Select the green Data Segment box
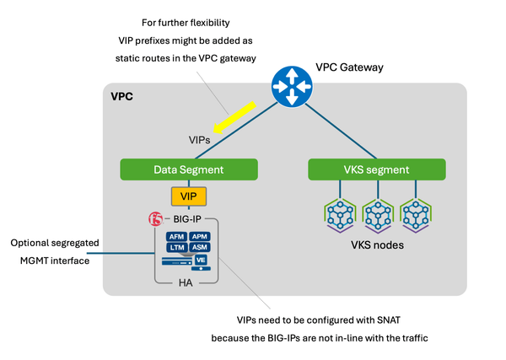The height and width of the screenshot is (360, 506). tap(187, 169)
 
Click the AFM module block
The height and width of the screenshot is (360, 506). tap(176, 237)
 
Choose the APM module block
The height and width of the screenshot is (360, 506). tap(200, 237)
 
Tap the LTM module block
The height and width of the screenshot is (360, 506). tap(176, 249)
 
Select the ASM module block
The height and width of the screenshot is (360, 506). tap(200, 249)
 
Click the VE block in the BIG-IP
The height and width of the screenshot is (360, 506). tap(202, 261)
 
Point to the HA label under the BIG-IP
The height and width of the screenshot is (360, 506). tap(186, 282)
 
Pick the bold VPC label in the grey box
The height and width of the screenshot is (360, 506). tap(122, 97)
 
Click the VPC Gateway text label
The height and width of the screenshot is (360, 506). tap(349, 67)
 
